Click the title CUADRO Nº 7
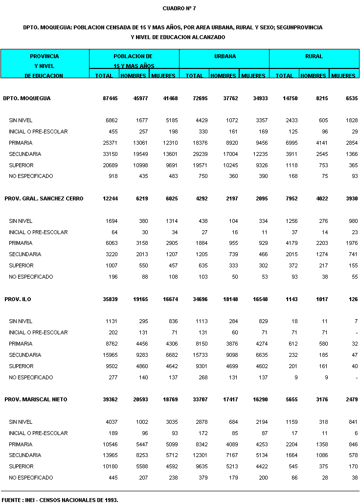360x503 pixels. tap(180, 8)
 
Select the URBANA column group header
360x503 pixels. tap(225, 56)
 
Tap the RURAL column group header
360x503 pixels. tap(314, 56)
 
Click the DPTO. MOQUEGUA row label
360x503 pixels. tap(27, 98)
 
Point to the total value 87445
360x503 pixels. tap(110, 98)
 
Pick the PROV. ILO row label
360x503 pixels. tap(18, 299)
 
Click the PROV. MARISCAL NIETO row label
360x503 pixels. tap(36, 399)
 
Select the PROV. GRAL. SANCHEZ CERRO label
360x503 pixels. tap(44, 198)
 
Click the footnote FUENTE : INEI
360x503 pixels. tap(60, 500)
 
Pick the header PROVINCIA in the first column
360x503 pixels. tap(45, 56)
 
